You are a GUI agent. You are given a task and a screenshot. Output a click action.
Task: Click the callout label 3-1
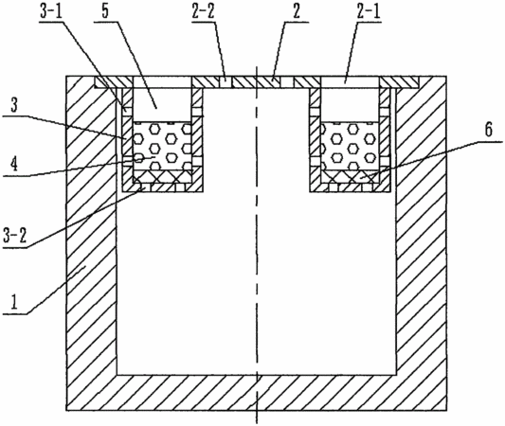coord(50,11)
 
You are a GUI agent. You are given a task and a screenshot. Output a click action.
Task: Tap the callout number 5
coord(105,11)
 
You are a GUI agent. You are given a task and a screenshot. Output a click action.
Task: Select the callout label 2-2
coord(203,12)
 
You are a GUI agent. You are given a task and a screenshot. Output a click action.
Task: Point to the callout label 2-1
coord(370,12)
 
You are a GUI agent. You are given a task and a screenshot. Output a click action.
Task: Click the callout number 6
coord(489,131)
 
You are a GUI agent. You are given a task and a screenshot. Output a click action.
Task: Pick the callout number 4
coord(13,165)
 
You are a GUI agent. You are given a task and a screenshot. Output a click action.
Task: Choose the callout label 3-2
coord(14,237)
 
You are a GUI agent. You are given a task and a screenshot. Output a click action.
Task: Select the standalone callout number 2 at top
coord(297,11)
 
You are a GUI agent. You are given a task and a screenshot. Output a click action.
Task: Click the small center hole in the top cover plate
coord(225,81)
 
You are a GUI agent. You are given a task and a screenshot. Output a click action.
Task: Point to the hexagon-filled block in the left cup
coord(163,146)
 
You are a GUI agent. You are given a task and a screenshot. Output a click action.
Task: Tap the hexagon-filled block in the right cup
coord(351,146)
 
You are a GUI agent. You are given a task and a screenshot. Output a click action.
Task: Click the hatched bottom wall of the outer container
coord(257,393)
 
